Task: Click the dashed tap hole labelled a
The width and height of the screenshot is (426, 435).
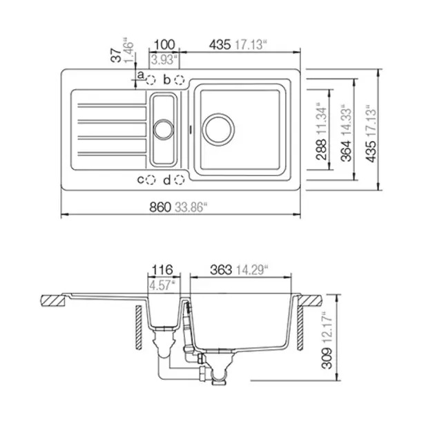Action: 151,80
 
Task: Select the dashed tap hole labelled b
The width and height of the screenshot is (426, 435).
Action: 180,80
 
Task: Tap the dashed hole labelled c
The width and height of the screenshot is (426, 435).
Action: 151,180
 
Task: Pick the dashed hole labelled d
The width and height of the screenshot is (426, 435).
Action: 180,180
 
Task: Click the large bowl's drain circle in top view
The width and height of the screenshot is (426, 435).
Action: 218,129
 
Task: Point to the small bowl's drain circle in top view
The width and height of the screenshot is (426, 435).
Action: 164,130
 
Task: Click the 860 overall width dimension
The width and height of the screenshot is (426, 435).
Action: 160,207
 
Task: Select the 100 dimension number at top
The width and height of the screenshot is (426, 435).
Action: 164,45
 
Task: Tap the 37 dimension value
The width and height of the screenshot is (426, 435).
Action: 116,55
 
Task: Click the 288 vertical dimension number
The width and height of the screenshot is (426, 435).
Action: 322,150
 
